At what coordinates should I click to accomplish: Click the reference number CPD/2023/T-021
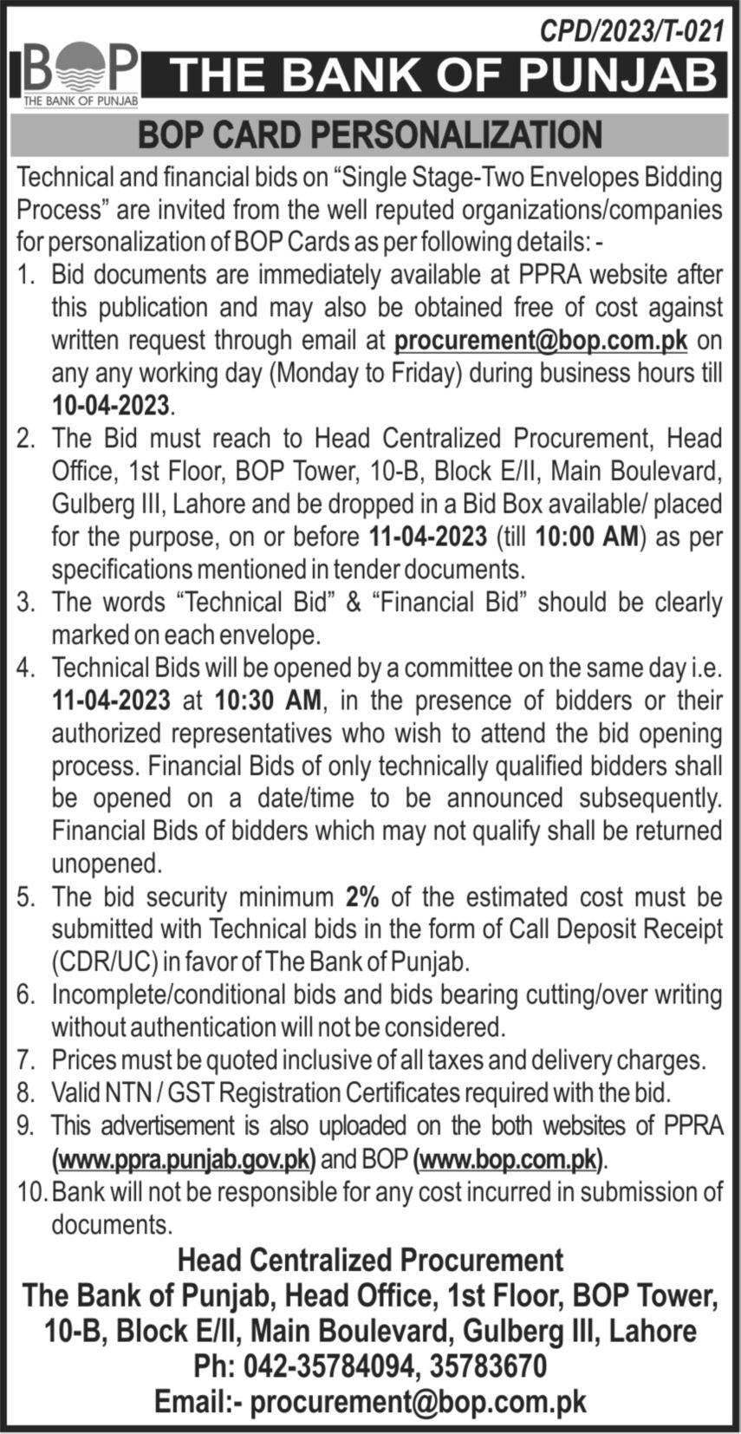pos(631,32)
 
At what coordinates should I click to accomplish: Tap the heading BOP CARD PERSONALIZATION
pos(370,134)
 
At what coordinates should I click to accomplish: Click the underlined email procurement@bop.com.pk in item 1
pos(541,340)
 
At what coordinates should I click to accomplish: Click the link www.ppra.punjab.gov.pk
pos(185,1158)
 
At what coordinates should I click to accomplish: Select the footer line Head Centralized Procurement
pos(370,1259)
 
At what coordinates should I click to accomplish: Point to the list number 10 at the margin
pos(30,1191)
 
